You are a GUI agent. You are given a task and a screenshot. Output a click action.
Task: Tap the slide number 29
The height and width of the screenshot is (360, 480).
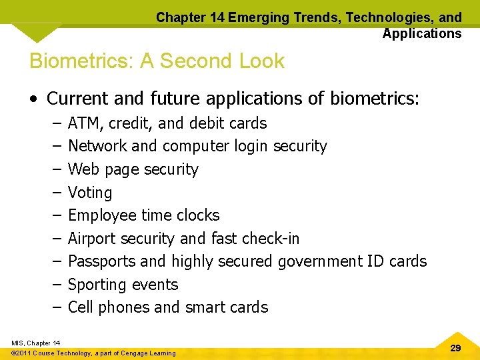(x=456, y=348)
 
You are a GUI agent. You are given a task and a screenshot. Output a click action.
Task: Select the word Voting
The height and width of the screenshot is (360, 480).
(x=90, y=193)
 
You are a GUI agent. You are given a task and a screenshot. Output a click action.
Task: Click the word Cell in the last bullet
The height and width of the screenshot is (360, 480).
(x=80, y=307)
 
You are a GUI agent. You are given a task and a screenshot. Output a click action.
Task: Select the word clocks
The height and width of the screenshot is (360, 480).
(x=198, y=215)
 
